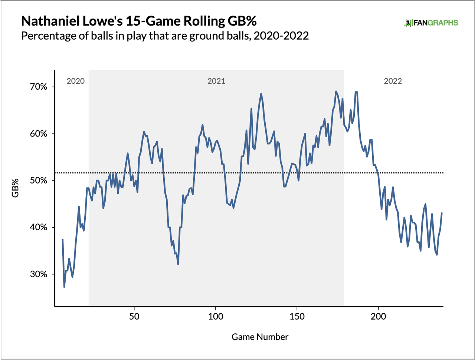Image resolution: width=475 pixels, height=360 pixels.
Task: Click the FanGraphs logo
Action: [x=431, y=23]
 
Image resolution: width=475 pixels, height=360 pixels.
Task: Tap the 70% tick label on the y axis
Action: [x=39, y=87]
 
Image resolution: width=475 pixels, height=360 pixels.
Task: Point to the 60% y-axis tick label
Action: [x=39, y=134]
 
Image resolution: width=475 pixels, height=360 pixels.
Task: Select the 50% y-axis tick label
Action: [x=39, y=181]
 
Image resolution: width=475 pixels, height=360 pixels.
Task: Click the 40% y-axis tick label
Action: [x=39, y=227]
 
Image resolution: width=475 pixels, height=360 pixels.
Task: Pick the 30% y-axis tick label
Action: [x=39, y=274]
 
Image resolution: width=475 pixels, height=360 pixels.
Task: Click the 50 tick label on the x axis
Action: [x=134, y=316]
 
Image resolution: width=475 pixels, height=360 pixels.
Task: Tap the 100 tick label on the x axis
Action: [x=216, y=316]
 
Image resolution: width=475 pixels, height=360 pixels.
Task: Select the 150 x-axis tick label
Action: [x=297, y=316]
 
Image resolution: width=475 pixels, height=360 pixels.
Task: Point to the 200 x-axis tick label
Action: [x=378, y=316]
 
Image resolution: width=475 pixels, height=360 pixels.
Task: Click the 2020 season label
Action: [x=76, y=81]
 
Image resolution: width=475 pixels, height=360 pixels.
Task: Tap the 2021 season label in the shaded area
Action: [x=216, y=81]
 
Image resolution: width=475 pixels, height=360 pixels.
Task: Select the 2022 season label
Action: [x=393, y=81]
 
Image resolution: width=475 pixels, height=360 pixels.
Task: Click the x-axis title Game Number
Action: [x=260, y=337]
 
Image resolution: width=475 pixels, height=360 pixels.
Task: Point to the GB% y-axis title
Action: [x=15, y=188]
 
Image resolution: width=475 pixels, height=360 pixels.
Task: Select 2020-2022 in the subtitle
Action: [x=281, y=36]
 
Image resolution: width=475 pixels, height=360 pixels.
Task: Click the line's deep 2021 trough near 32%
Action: [x=178, y=264]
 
